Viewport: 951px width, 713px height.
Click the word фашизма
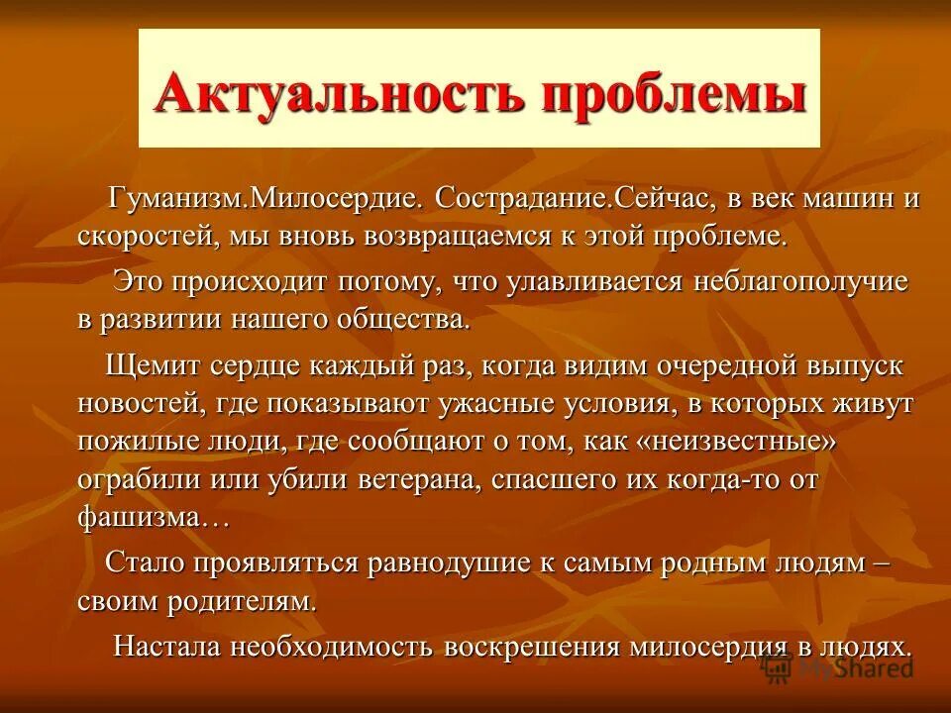(133, 517)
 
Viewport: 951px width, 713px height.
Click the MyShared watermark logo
(838, 667)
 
